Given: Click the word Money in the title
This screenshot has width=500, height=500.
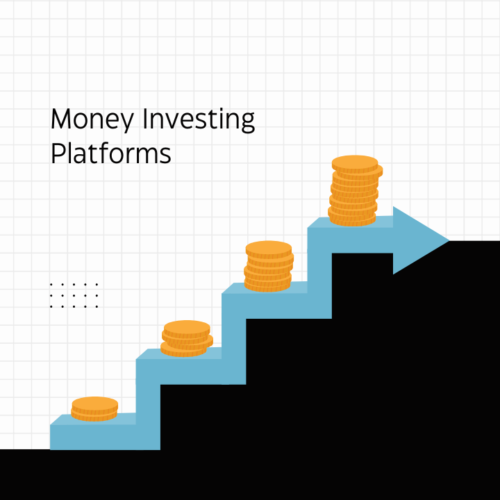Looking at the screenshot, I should click(x=92, y=120).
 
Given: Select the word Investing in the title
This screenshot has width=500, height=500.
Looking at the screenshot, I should click(x=199, y=120).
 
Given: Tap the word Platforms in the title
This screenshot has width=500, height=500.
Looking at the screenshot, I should click(x=110, y=153).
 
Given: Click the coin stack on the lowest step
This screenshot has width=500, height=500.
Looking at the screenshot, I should click(x=94, y=409).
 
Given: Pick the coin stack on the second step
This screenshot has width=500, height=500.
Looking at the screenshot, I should click(x=187, y=338).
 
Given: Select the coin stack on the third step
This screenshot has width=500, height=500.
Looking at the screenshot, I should click(x=269, y=266).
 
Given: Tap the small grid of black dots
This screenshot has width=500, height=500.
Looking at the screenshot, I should click(x=74, y=295).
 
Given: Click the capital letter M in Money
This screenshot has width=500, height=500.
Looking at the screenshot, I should click(x=61, y=119).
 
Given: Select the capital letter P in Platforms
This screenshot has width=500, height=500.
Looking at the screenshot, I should click(x=57, y=153).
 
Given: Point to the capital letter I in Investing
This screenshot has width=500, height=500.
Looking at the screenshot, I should click(x=146, y=119).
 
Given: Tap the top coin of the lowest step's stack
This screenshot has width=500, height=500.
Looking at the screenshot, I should click(x=94, y=403).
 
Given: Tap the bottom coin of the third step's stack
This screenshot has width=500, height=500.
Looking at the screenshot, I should click(x=267, y=285).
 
